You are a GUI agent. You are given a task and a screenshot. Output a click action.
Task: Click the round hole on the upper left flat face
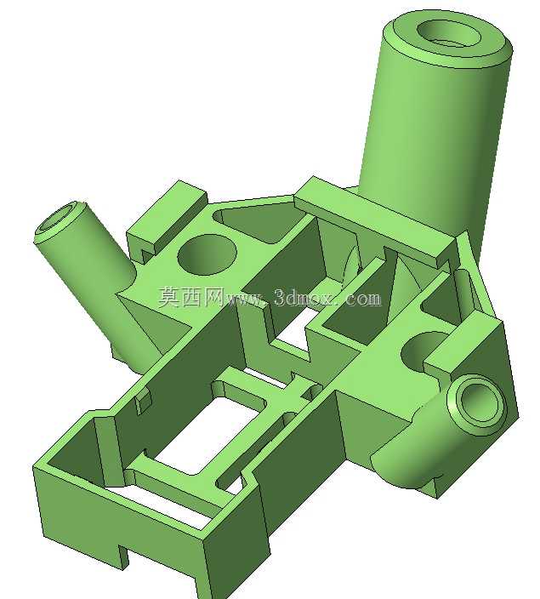tap(207, 254)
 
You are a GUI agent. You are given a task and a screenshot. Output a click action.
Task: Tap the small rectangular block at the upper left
tap(167, 221)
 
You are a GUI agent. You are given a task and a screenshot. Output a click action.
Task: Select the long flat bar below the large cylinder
tap(376, 221)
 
